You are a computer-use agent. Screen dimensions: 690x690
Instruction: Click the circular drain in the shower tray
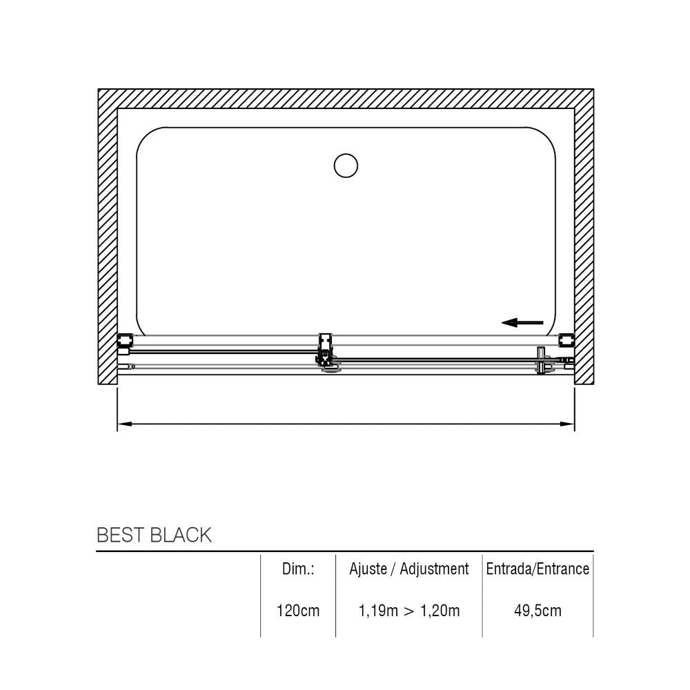[x=346, y=166]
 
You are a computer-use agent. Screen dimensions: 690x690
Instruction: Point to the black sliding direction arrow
[x=522, y=322]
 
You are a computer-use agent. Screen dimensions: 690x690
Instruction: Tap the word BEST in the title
[x=119, y=535]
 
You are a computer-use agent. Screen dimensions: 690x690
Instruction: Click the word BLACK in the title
[x=180, y=535]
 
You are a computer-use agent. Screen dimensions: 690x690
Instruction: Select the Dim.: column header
[x=298, y=569]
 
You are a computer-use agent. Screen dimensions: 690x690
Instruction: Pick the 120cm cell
[x=298, y=611]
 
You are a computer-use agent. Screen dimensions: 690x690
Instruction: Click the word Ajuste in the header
[x=368, y=569]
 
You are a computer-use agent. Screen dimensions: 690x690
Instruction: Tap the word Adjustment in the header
[x=434, y=569]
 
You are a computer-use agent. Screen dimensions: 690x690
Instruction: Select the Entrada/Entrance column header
[x=538, y=569]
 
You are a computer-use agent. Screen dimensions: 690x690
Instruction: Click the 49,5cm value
[x=538, y=611]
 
